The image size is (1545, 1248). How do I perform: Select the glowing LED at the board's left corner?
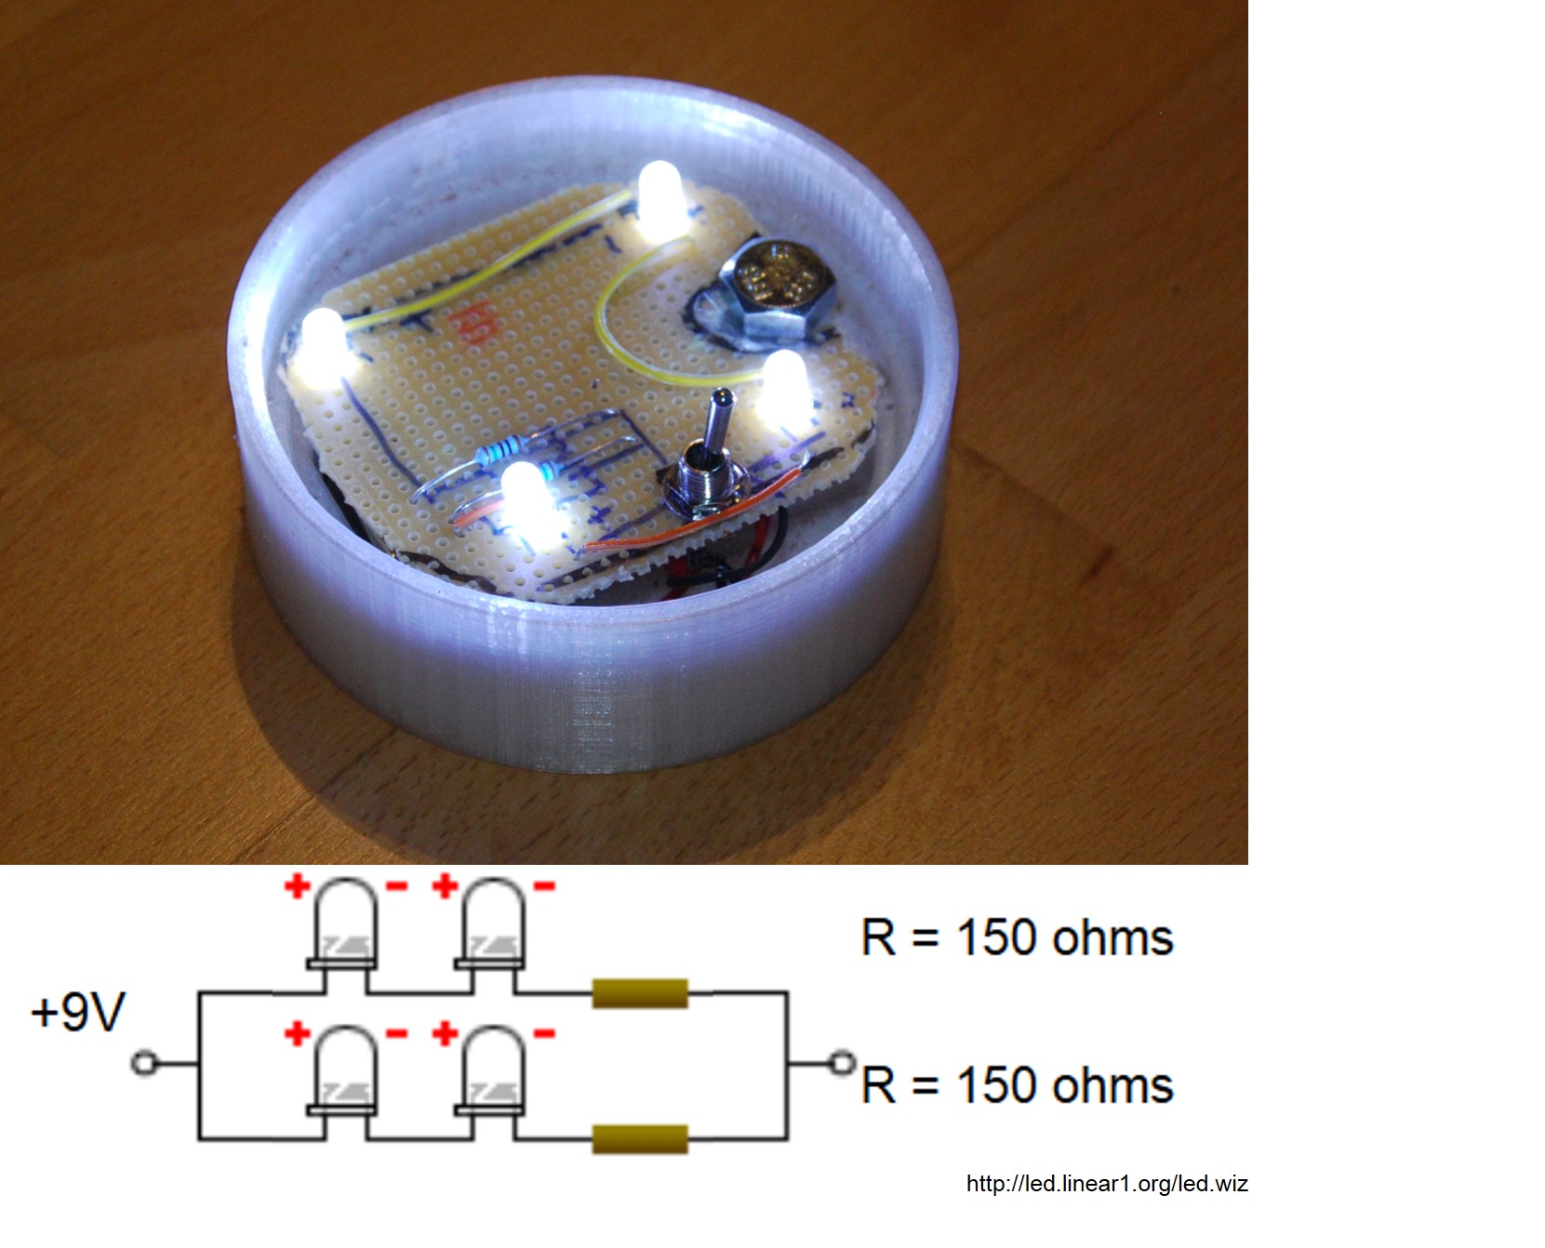point(322,348)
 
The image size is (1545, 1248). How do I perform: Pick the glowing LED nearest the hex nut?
point(784,388)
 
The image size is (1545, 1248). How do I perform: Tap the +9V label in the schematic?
point(77,1012)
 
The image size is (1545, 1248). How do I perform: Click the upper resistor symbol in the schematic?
point(640,993)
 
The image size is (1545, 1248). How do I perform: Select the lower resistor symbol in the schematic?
point(640,1139)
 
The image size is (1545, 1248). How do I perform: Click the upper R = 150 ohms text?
point(1018,937)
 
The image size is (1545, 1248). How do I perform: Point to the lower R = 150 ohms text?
point(1018,1085)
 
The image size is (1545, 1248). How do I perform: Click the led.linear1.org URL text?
point(1107,1184)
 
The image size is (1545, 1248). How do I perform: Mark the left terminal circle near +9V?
point(143,1062)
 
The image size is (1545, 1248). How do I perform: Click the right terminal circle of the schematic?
point(843,1062)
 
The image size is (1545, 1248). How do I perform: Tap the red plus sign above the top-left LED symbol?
point(297,885)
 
